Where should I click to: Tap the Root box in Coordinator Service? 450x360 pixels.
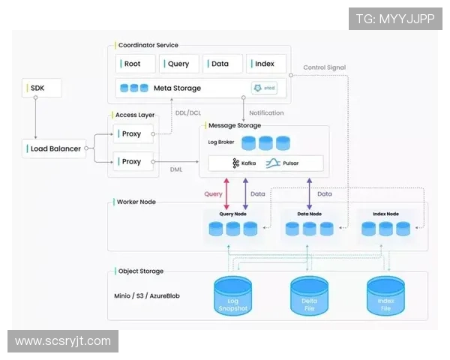(x=135, y=64)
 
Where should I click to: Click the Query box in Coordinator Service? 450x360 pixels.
(x=178, y=64)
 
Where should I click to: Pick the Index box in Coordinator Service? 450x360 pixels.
(x=265, y=64)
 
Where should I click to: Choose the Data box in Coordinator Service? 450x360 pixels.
(x=223, y=64)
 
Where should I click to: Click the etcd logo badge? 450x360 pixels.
(x=264, y=88)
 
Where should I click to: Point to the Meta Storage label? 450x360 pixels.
(x=177, y=88)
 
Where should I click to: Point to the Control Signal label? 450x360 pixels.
(x=324, y=67)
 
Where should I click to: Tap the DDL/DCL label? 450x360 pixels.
(x=187, y=113)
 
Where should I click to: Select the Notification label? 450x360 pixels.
(x=266, y=113)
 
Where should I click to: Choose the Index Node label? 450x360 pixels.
(x=385, y=214)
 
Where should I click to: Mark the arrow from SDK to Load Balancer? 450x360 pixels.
(x=35, y=118)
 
